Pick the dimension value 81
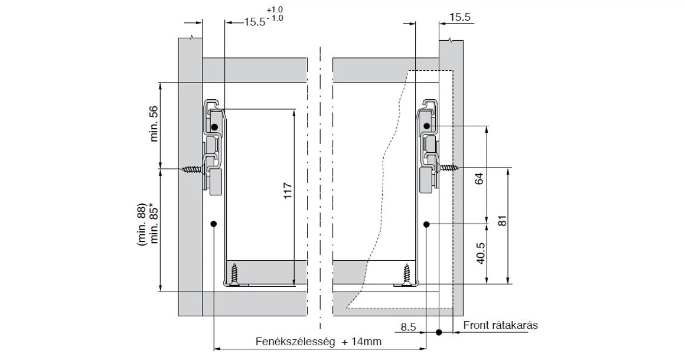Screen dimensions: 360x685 503,221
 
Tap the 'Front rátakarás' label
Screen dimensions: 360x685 500,325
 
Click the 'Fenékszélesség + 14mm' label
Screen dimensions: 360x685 318,341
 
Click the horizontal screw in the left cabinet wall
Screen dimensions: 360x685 193,170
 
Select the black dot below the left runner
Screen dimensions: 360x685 213,224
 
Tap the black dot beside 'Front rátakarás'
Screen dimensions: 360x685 439,333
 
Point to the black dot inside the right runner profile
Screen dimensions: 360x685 426,126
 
